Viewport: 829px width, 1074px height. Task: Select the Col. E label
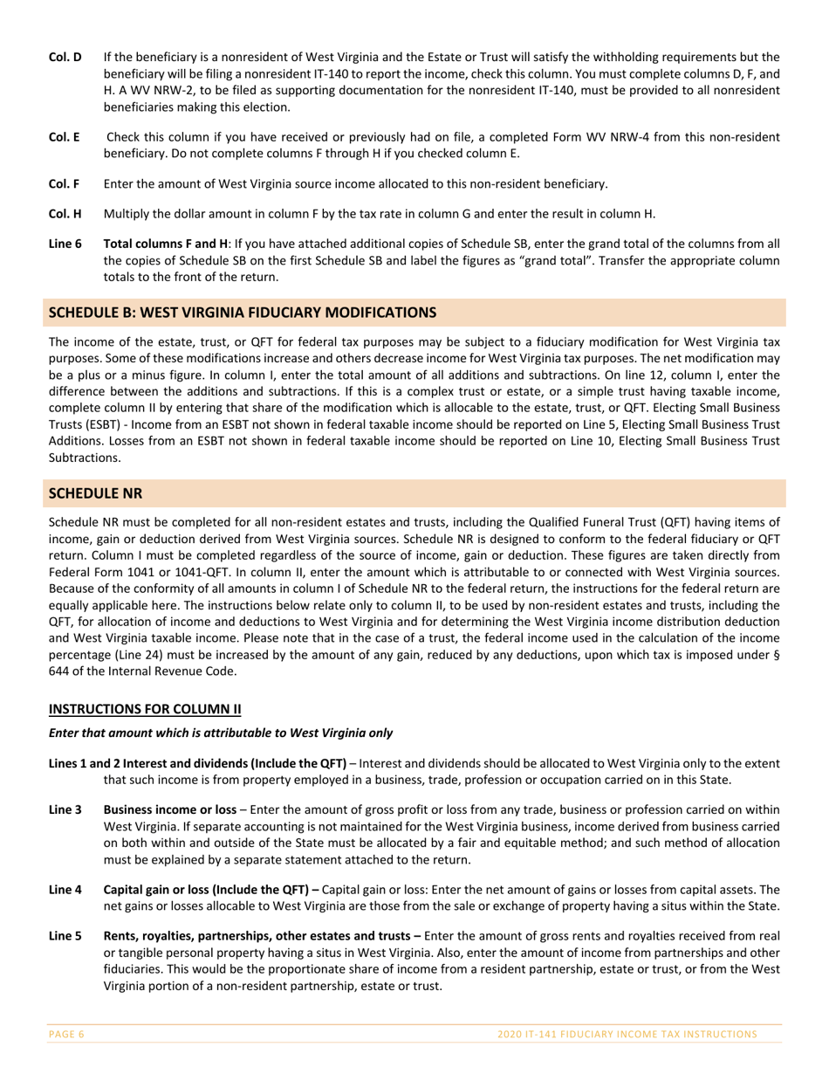[64, 137]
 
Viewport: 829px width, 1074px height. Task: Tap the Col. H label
[65, 214]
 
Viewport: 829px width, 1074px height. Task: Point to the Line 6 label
[65, 244]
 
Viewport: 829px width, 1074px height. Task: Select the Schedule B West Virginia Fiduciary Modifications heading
[242, 313]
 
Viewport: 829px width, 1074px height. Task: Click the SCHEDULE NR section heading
[95, 493]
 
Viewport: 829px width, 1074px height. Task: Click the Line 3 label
[65, 810]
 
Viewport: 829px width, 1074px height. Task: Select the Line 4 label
[65, 890]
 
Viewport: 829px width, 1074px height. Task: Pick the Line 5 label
[65, 935]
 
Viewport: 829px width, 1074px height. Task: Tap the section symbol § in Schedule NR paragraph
[777, 655]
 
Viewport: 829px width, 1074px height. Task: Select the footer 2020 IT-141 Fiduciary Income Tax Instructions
[627, 1035]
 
